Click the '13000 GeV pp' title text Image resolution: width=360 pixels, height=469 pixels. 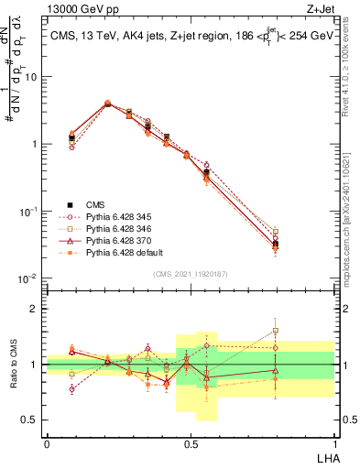80,8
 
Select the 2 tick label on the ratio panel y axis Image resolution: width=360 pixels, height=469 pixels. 35,309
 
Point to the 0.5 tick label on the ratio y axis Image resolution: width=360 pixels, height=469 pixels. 31,420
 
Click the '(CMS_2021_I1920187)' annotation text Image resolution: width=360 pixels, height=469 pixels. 190,274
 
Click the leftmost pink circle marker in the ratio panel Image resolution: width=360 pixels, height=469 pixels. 72,389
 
